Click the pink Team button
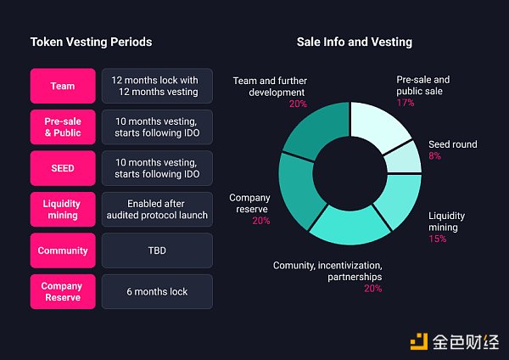62,86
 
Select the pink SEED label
62,168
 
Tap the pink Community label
62,250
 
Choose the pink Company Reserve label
62,291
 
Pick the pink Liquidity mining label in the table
62,209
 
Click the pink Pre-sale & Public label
62,127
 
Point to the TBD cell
157,250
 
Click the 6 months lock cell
157,291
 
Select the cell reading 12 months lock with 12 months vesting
157,86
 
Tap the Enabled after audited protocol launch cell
157,209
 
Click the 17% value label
406,103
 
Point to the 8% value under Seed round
434,156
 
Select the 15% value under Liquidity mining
438,239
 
